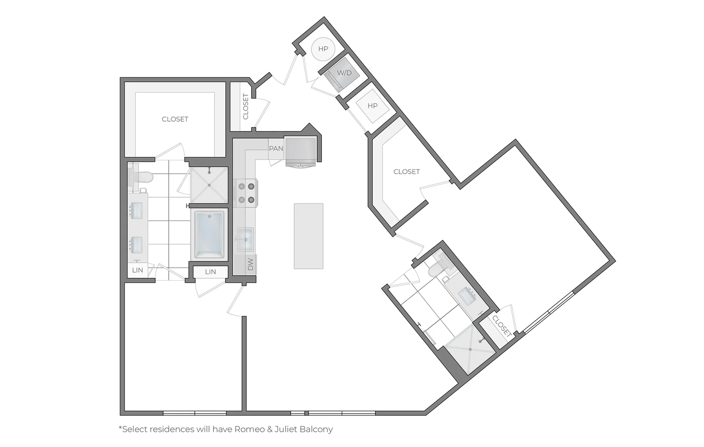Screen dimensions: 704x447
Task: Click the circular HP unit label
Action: [x=323, y=49]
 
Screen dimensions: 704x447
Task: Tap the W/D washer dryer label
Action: [x=344, y=73]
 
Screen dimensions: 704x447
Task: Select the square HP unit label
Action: [x=373, y=106]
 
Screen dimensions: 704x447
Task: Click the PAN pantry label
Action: [x=276, y=148]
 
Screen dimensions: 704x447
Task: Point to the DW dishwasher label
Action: [x=251, y=264]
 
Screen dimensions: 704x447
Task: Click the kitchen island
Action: [x=308, y=236]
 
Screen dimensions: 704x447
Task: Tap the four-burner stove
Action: [x=246, y=193]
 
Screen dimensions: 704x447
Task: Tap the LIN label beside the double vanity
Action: [x=137, y=270]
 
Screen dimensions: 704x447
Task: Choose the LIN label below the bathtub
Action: [x=210, y=272]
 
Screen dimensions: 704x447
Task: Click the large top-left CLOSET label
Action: [x=175, y=119]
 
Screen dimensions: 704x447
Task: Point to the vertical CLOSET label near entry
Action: [x=246, y=107]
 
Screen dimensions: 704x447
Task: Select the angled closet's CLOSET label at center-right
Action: [x=407, y=171]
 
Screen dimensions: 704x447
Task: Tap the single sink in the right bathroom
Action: [x=467, y=296]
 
